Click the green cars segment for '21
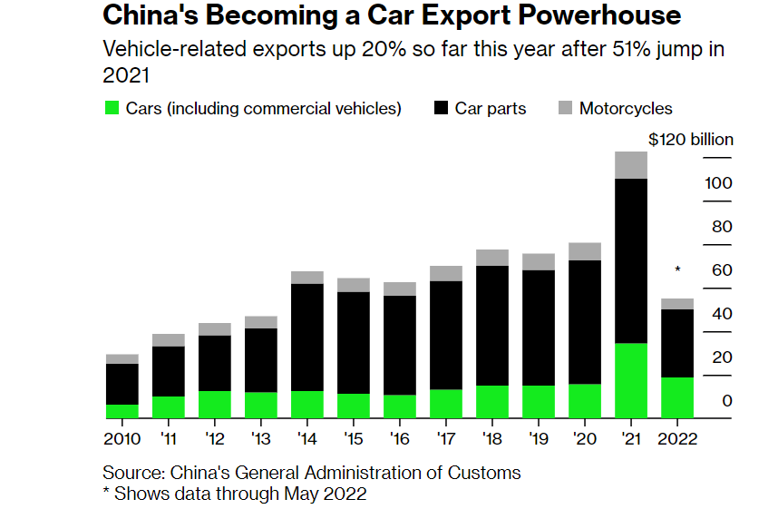pos(630,380)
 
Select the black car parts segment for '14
pos(307,337)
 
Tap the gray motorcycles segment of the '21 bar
pos(630,165)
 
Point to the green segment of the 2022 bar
pos(676,397)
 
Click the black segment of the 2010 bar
pos(122,384)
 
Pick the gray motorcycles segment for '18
pos(492,258)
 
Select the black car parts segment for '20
pos(584,322)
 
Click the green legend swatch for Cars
pos(112,109)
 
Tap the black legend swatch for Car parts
pos(442,109)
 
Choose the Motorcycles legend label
pos(626,109)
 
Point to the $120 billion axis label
pos(691,140)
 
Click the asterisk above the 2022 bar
pos(677,270)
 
